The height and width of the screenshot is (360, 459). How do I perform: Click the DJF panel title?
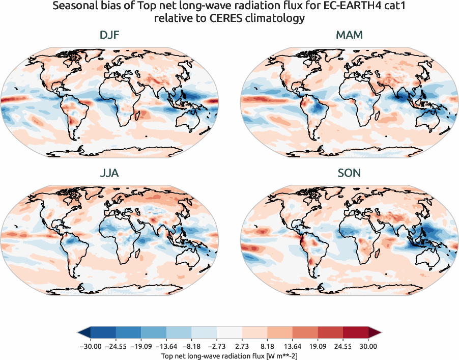click(x=109, y=35)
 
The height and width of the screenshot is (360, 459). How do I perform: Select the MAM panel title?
click(x=349, y=35)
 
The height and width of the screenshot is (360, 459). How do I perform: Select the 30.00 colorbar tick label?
click(x=368, y=346)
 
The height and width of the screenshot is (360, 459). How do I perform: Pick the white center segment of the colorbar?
click(x=229, y=333)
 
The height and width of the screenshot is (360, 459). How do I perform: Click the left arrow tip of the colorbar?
click(x=79, y=333)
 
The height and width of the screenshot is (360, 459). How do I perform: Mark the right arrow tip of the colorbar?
click(x=380, y=333)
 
